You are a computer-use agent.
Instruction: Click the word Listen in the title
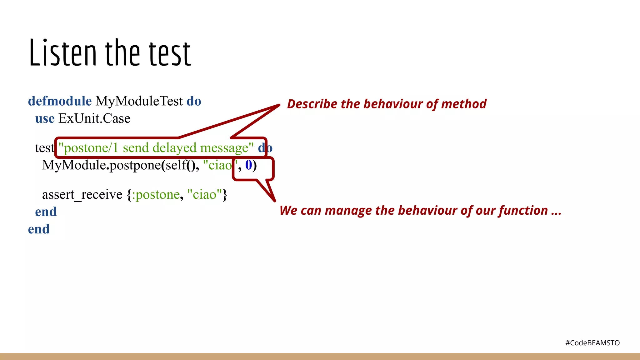62,53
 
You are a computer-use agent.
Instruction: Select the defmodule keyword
60,101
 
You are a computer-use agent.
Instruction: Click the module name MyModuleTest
139,101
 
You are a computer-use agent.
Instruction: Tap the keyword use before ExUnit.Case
45,119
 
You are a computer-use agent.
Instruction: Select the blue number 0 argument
248,165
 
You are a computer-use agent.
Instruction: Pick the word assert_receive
82,195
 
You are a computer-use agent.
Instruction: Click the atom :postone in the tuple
156,195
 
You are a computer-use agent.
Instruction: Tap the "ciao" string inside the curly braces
204,195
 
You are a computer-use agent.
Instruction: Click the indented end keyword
46,212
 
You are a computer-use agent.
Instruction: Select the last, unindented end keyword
39,229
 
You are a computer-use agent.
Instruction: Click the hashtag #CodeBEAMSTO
592,343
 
